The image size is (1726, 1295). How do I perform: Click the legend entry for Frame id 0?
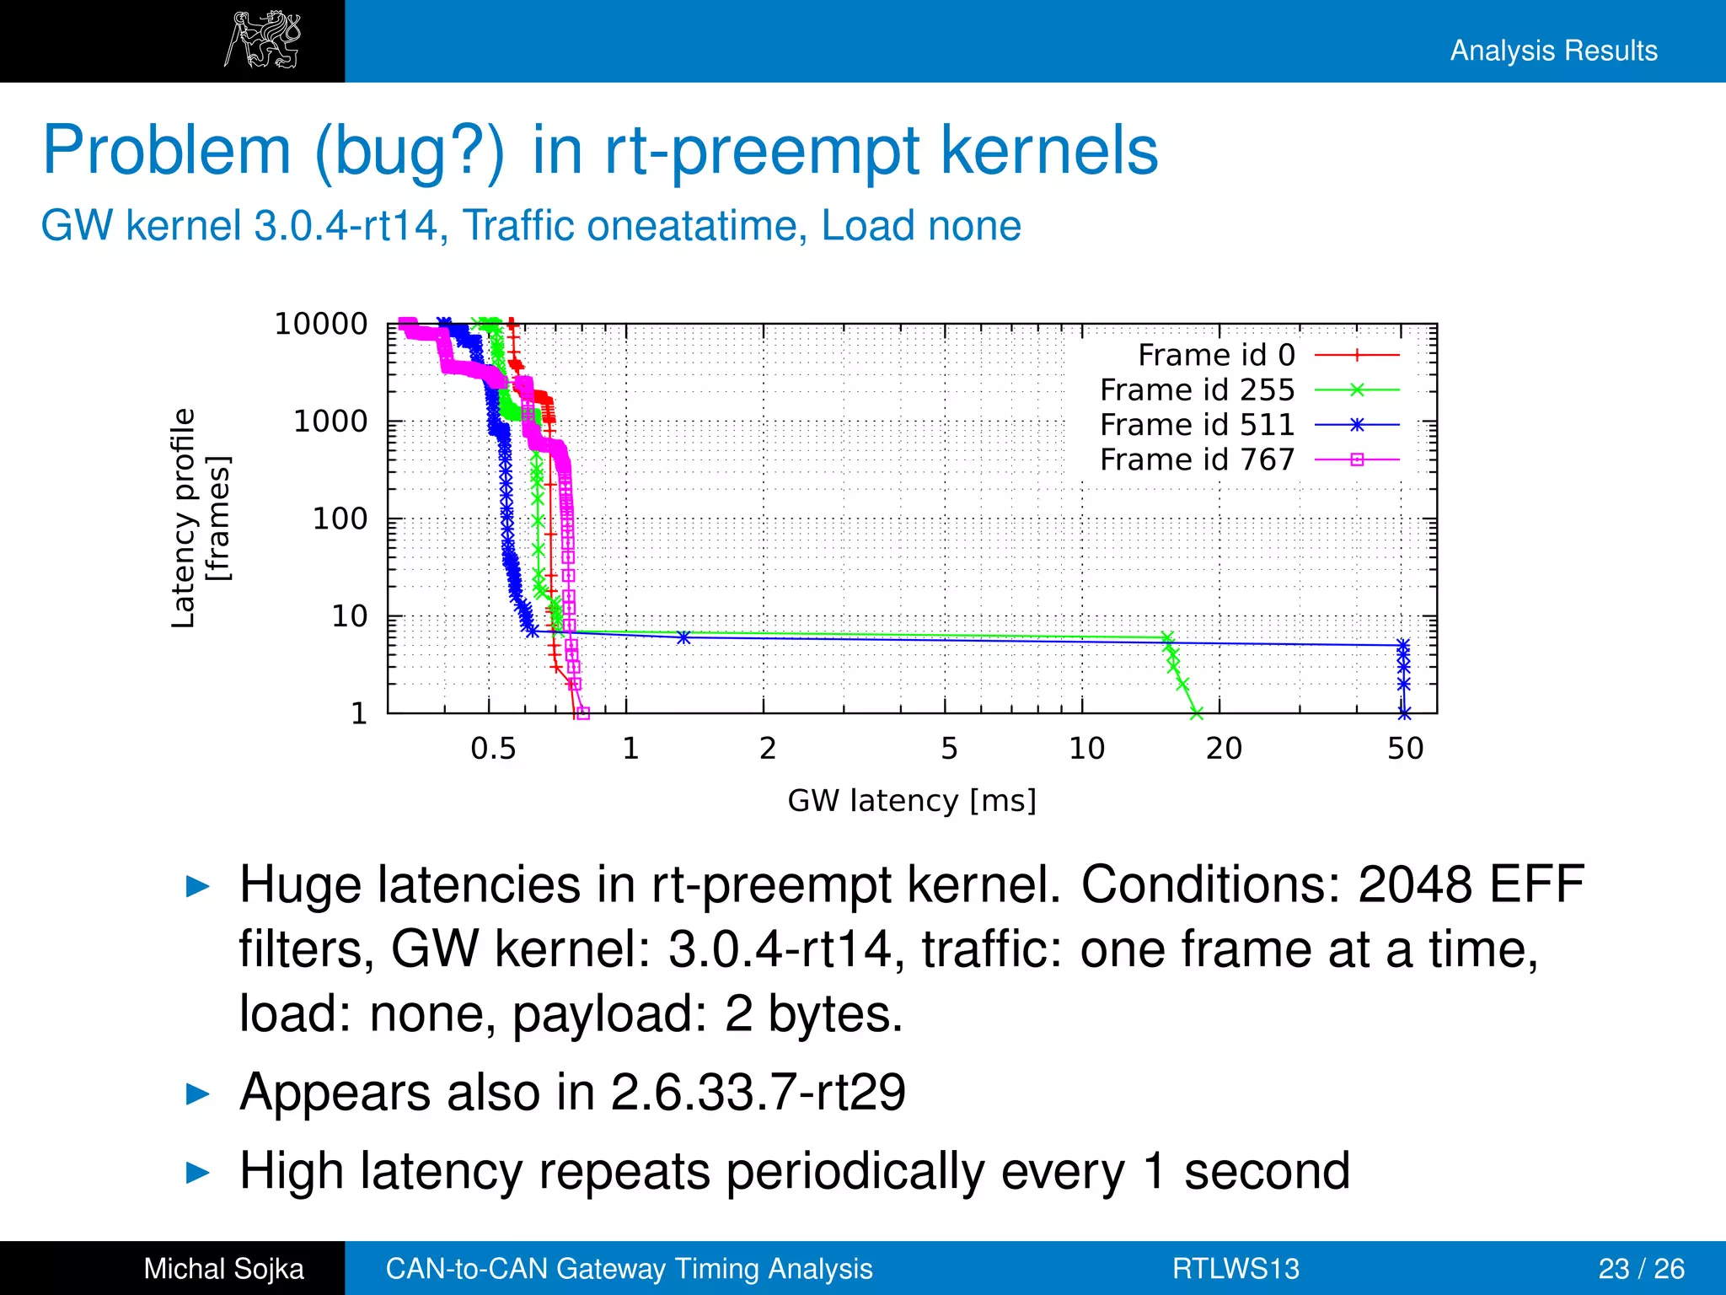(x=1216, y=356)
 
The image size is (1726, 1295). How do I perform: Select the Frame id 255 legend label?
(x=1197, y=390)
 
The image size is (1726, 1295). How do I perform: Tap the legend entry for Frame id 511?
(x=1197, y=425)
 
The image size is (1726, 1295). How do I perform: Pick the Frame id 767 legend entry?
(x=1197, y=459)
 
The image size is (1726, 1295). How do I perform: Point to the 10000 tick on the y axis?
(x=321, y=324)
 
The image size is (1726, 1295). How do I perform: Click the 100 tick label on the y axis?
(x=340, y=519)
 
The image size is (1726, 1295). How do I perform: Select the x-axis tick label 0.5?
(x=493, y=749)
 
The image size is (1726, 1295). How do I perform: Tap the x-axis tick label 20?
(x=1224, y=749)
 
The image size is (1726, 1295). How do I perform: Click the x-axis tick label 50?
(x=1406, y=749)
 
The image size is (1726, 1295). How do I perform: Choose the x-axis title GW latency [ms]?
(x=912, y=800)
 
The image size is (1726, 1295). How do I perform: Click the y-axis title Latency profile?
(x=184, y=519)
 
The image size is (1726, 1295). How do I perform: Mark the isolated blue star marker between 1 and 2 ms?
(x=683, y=637)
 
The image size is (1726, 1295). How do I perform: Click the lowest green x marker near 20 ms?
(x=1196, y=714)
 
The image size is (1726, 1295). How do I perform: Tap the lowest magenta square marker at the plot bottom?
(x=583, y=713)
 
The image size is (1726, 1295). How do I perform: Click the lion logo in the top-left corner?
(x=262, y=40)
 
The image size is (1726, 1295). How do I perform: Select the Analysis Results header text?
(x=1553, y=51)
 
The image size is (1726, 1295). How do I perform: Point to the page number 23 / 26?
(x=1641, y=1269)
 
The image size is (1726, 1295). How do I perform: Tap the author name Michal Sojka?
(x=223, y=1269)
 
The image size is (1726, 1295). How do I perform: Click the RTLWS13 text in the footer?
(x=1236, y=1269)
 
